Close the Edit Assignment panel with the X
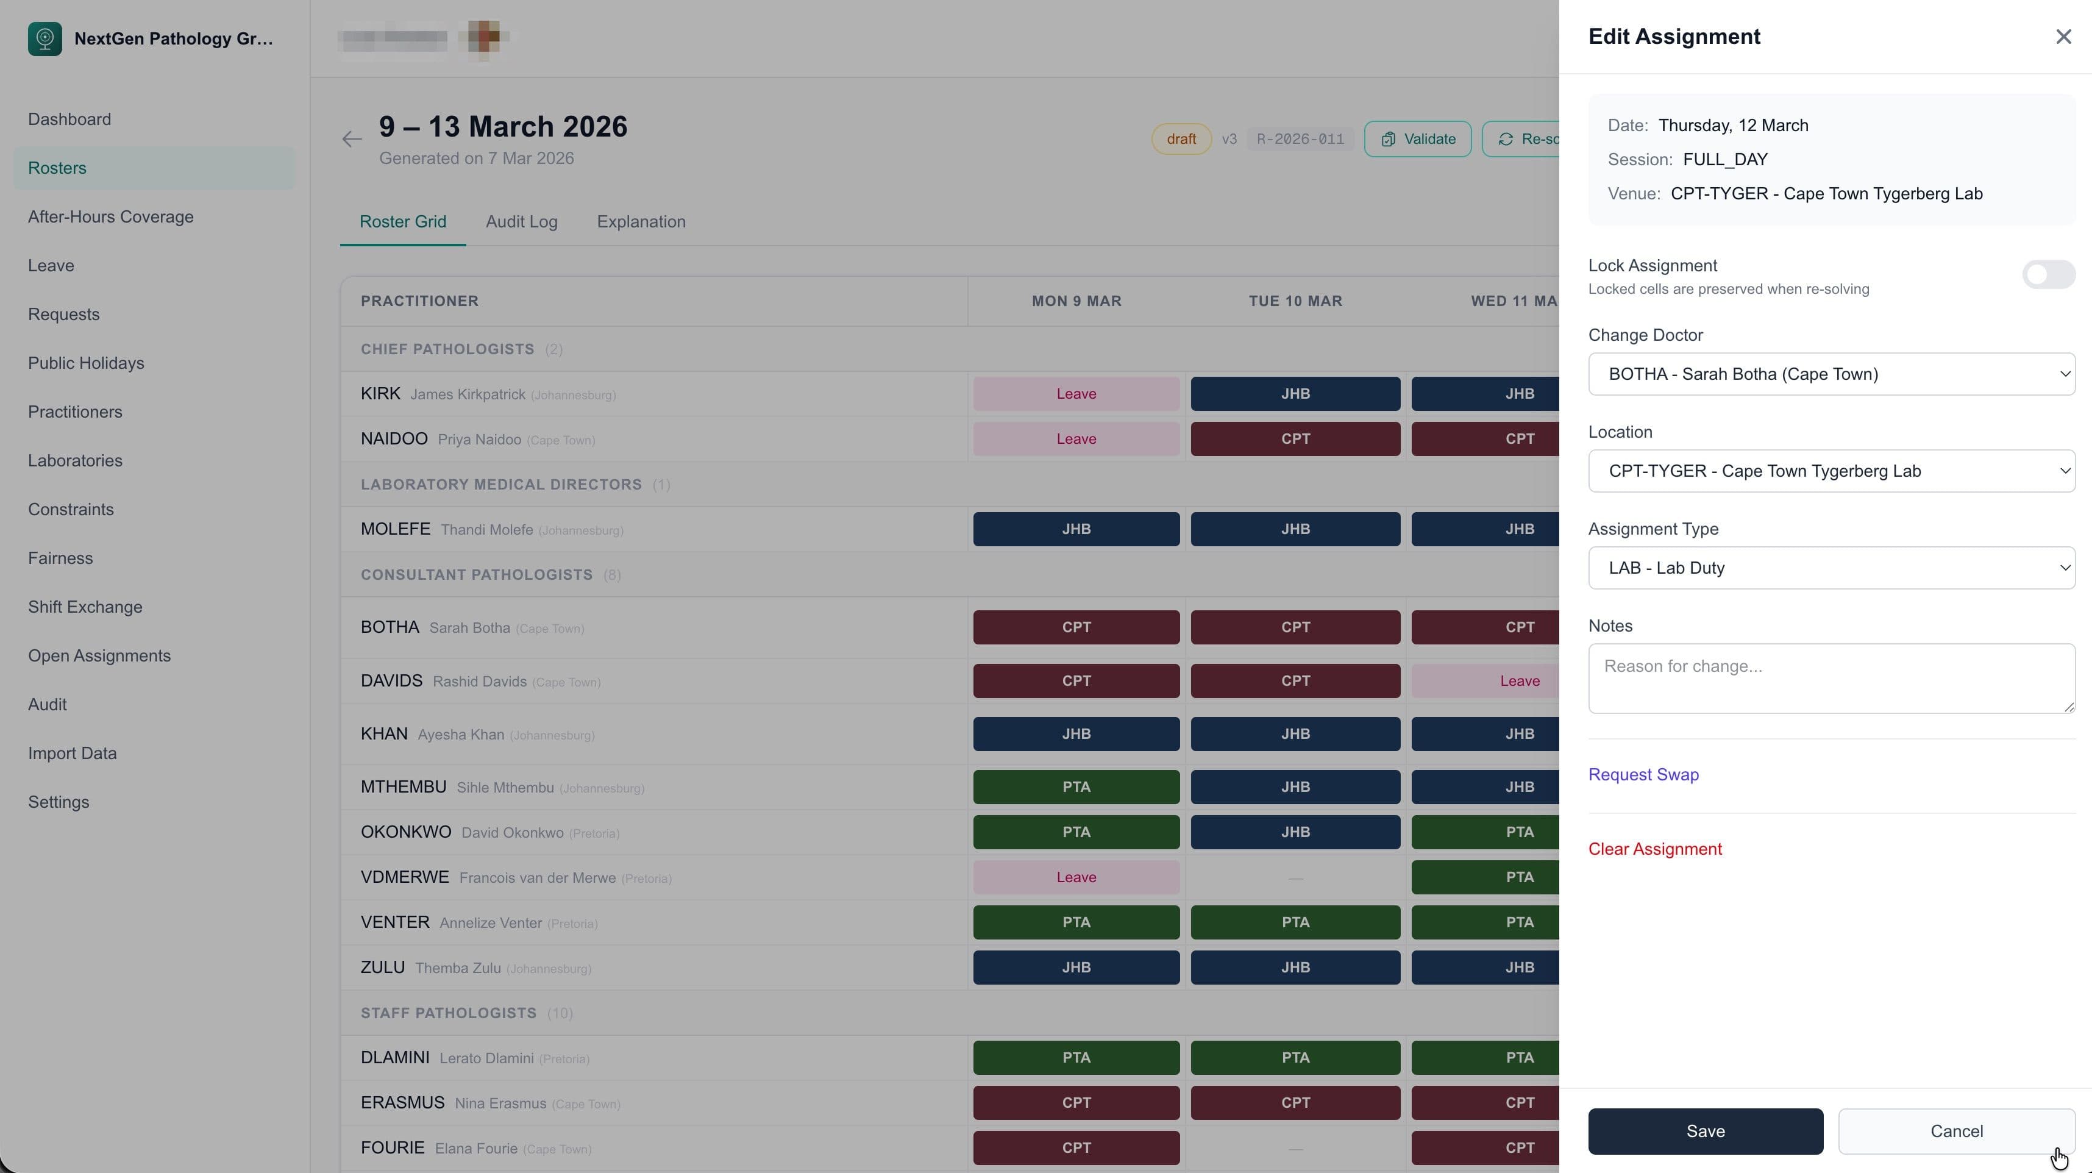pos(2063,37)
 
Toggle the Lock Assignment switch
pos(2048,274)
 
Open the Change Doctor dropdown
pos(1830,374)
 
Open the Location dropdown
pos(1830,471)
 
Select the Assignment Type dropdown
pos(1830,568)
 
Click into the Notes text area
pos(1830,679)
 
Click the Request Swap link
pos(1643,774)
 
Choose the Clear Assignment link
pos(1654,849)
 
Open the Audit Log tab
pos(521,222)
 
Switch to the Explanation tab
pos(641,222)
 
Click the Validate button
pos(1417,139)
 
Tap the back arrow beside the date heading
pos(352,139)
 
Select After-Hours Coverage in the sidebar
pos(110,217)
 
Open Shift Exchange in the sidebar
pos(85,607)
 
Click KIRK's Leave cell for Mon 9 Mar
pos(1076,394)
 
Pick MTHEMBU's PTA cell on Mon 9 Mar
pos(1076,787)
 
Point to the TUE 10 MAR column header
pos(1295,301)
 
